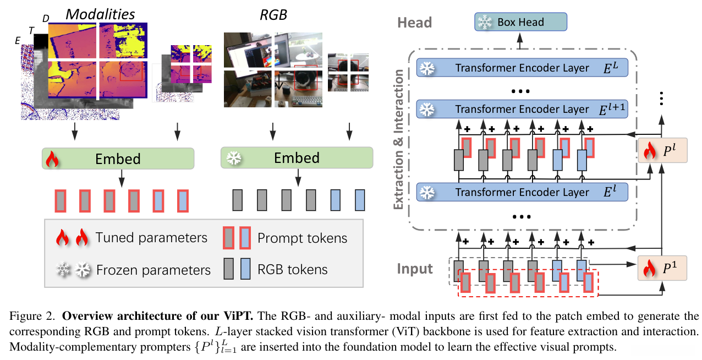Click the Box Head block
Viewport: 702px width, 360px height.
pyautogui.click(x=520, y=23)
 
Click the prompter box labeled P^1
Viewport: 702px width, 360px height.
pyautogui.click(x=662, y=268)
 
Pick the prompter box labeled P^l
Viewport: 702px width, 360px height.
pyautogui.click(x=662, y=150)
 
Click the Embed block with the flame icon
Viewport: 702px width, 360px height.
pyautogui.click(x=118, y=159)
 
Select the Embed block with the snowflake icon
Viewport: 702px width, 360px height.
pyautogui.click(x=297, y=158)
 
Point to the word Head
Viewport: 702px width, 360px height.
pyautogui.click(x=414, y=23)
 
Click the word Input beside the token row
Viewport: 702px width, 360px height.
pyautogui.click(x=415, y=269)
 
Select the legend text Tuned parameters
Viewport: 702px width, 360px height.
pyautogui.click(x=151, y=238)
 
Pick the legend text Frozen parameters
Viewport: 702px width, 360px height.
pyautogui.click(x=153, y=270)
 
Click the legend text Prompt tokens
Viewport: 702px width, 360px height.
pyautogui.click(x=302, y=238)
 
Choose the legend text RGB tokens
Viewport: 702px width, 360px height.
pyautogui.click(x=292, y=269)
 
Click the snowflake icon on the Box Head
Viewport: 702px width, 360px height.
pyautogui.click(x=485, y=23)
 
